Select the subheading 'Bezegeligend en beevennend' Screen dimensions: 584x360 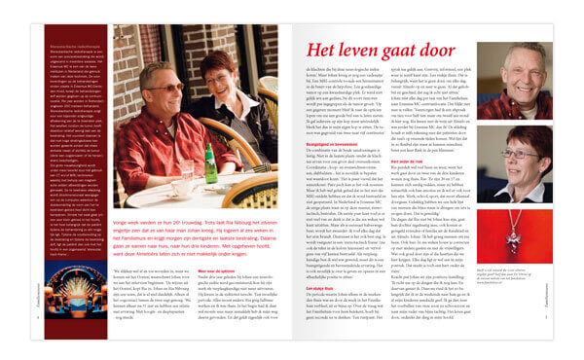coord(334,145)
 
